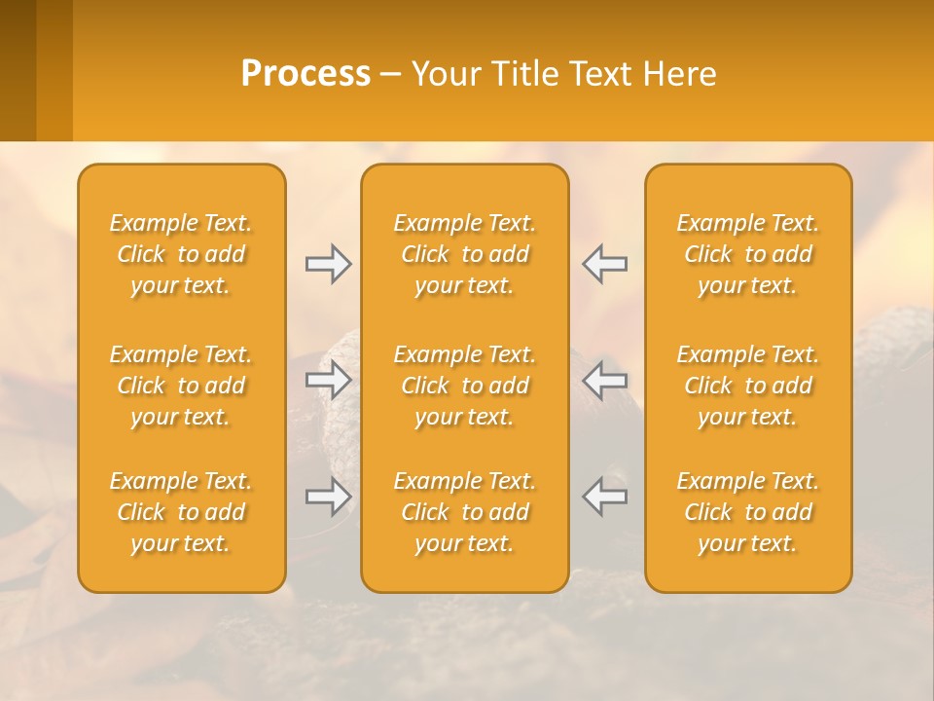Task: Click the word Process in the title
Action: tap(305, 74)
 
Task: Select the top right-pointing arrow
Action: tap(329, 264)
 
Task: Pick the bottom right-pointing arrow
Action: tap(329, 498)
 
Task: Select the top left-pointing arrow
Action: tap(605, 264)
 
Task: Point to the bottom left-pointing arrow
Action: tap(605, 496)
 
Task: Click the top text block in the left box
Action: tap(181, 254)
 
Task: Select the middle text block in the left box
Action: tap(181, 386)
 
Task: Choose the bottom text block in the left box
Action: tap(181, 512)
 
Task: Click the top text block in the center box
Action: tap(465, 254)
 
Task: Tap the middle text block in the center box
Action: tap(465, 386)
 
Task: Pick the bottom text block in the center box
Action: tap(465, 512)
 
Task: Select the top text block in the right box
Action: tap(748, 254)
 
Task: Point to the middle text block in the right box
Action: tap(748, 386)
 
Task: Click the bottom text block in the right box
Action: tap(748, 512)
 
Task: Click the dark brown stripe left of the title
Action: tap(18, 70)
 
